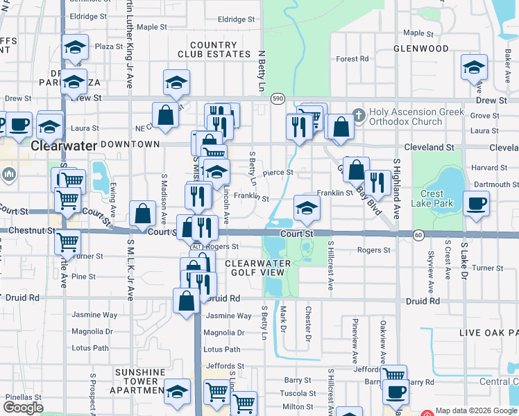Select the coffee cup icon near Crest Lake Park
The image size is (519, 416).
pos(477,204)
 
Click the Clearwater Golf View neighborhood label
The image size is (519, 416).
pos(264,268)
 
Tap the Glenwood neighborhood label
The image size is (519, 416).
pos(420,49)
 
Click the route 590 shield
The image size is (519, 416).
pos(277,99)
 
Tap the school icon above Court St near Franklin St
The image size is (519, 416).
pos(307,207)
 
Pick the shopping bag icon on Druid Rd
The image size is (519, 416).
pos(187,301)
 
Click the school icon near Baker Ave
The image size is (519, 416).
pos(473,67)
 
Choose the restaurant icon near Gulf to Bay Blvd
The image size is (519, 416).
pos(377,182)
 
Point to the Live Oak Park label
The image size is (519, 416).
pos(488,333)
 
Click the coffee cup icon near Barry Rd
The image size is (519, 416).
pos(395,392)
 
